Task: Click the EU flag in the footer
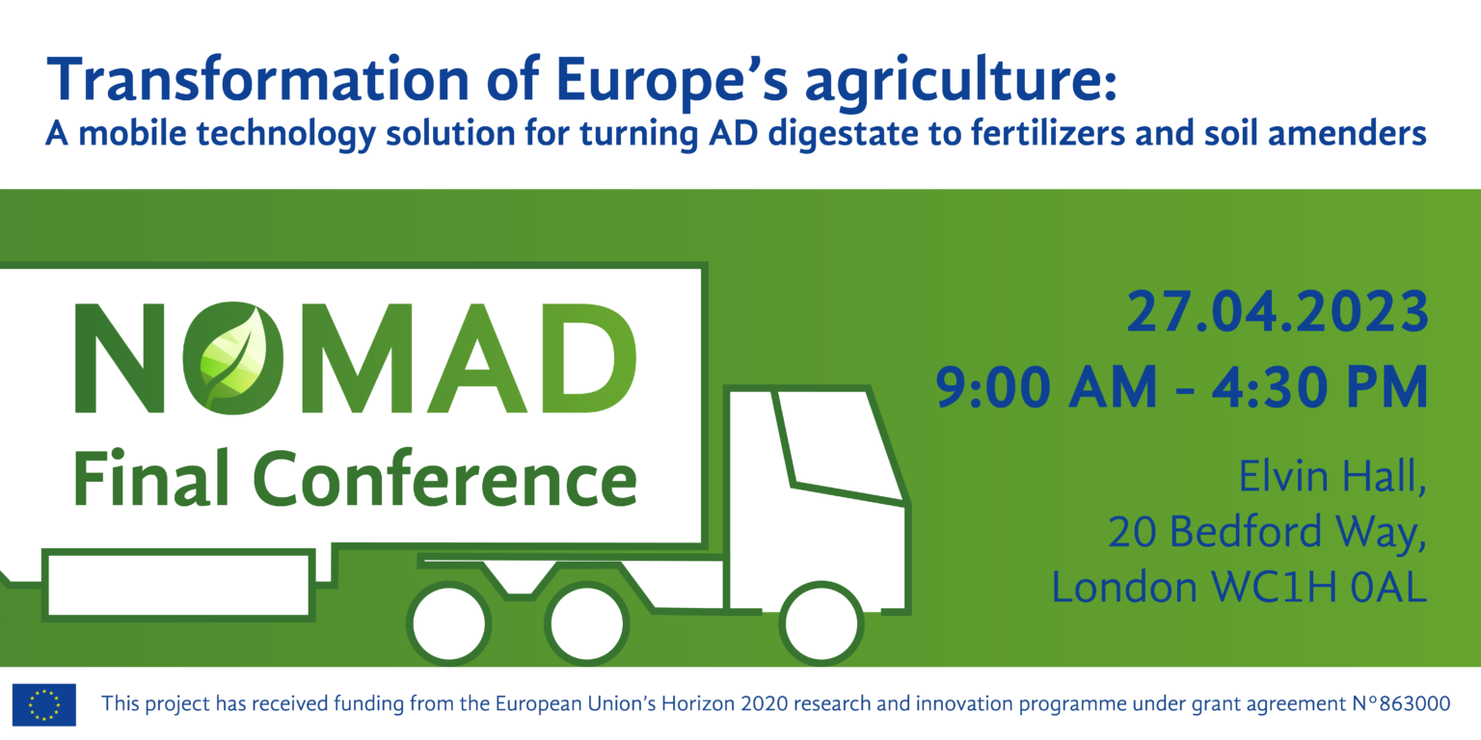pyautogui.click(x=44, y=704)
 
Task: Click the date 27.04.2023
pyautogui.click(x=1278, y=312)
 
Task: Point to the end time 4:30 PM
pyautogui.click(x=1320, y=387)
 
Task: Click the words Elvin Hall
pyautogui.click(x=1333, y=476)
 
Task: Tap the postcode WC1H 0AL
pyautogui.click(x=1318, y=587)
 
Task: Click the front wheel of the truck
pyautogui.click(x=821, y=623)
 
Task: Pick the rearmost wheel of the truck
pyautogui.click(x=449, y=623)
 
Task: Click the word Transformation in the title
pyautogui.click(x=257, y=80)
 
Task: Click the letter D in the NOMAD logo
pyautogui.click(x=588, y=358)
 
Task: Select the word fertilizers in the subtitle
pyautogui.click(x=1048, y=133)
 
